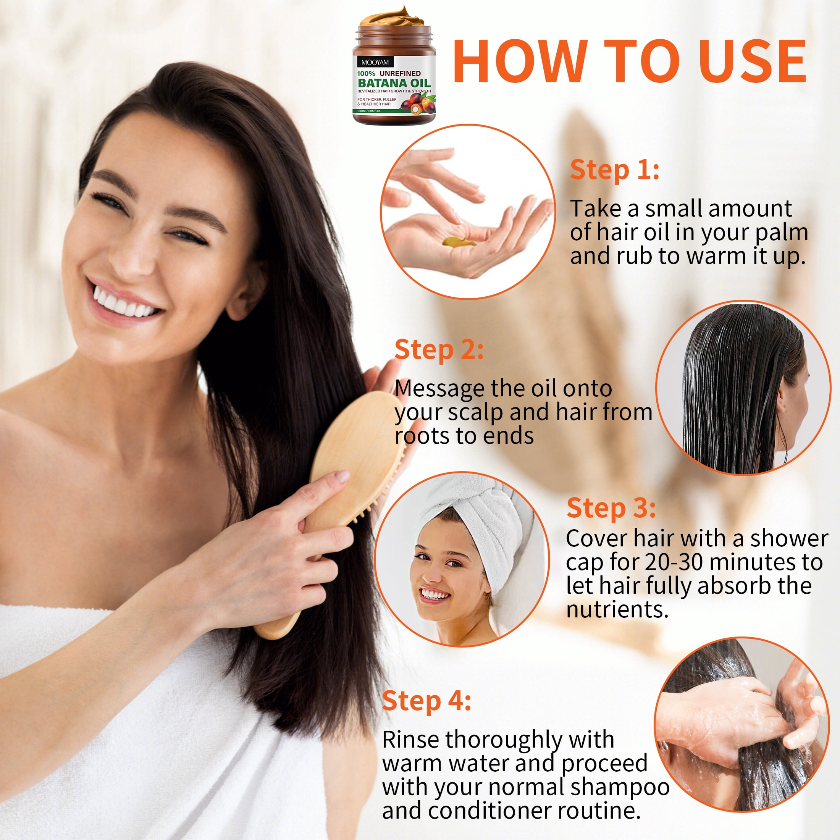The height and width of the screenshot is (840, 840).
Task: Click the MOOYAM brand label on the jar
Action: (x=375, y=62)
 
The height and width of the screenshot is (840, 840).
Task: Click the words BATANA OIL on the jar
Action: (x=394, y=82)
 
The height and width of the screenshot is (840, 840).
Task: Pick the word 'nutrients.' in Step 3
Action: (x=617, y=609)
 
